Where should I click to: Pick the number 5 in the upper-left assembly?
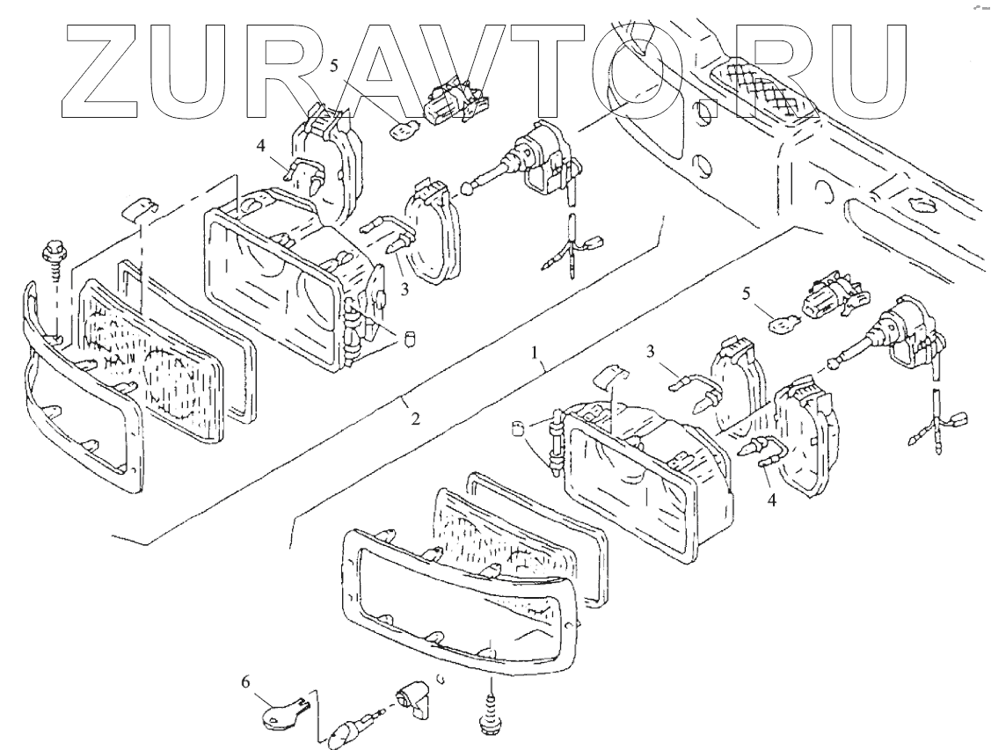(x=334, y=65)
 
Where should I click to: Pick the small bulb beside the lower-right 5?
(x=780, y=325)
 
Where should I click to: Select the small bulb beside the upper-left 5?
(x=402, y=130)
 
